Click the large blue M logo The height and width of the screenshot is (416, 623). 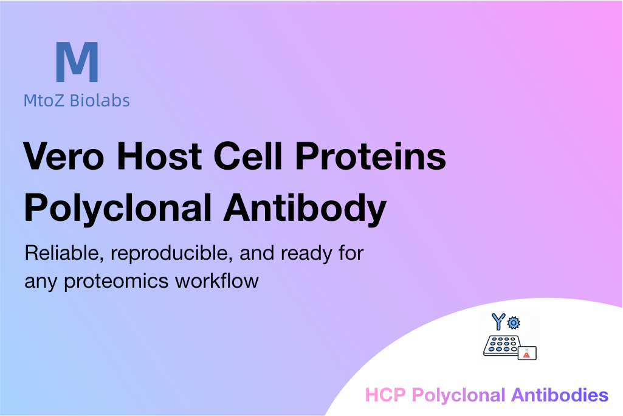point(77,62)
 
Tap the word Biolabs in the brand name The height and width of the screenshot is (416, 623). point(100,100)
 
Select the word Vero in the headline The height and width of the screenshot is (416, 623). point(64,156)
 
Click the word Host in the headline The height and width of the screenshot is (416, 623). point(159,156)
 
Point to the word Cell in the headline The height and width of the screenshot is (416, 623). point(249,156)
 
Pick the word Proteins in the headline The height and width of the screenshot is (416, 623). point(371,156)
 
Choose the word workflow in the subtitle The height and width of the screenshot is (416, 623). point(217,280)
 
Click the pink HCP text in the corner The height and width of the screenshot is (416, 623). point(385,395)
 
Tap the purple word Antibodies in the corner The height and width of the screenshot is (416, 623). point(560,395)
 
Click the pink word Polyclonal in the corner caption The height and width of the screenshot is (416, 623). point(458,396)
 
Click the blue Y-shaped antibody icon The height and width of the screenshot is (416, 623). point(498,321)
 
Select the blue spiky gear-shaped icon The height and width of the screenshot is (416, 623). point(514,322)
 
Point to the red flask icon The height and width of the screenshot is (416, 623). point(526,353)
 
